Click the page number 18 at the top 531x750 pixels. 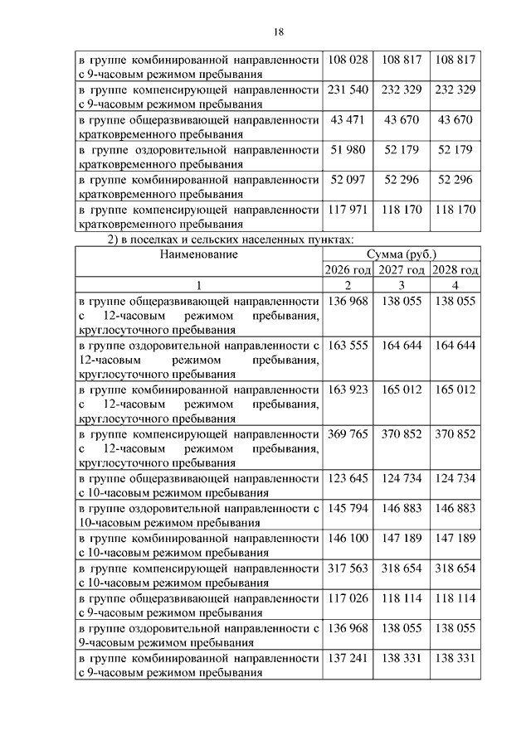pyautogui.click(x=278, y=31)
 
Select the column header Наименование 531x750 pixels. pyautogui.click(x=199, y=255)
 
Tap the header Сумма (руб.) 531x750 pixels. pyautogui.click(x=401, y=255)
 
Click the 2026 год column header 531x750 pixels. pyautogui.click(x=347, y=270)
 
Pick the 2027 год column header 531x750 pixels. pyautogui.click(x=402, y=270)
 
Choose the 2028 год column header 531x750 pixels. pyautogui.click(x=455, y=270)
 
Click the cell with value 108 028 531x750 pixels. pyautogui.click(x=348, y=60)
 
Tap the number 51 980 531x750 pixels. pyautogui.click(x=348, y=150)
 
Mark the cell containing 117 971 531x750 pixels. pyautogui.click(x=348, y=210)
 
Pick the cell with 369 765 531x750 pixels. pyautogui.click(x=348, y=434)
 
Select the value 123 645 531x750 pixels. pyautogui.click(x=348, y=479)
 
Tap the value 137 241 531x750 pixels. pyautogui.click(x=348, y=658)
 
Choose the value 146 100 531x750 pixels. pyautogui.click(x=348, y=539)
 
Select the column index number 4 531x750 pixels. pyautogui.click(x=455, y=285)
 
